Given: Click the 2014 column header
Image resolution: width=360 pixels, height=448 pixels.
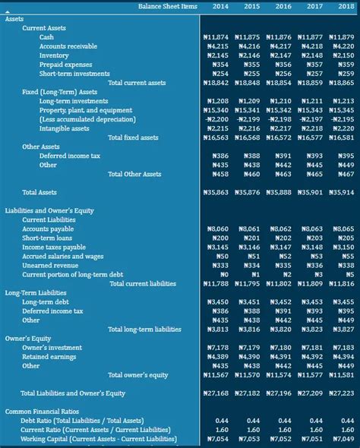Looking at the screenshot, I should click(x=220, y=6).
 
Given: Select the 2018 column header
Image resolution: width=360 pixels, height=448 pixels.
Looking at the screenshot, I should click(x=346, y=6).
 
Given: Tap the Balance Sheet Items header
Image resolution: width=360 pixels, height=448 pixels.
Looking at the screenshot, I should click(x=168, y=6).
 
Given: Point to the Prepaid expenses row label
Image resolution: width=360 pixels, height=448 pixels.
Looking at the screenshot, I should click(x=65, y=65).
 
